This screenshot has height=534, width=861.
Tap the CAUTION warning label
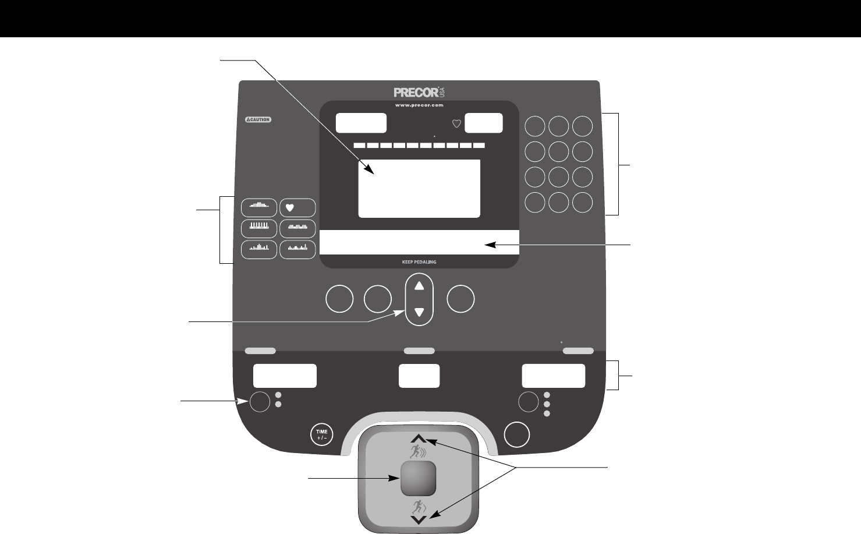(x=257, y=120)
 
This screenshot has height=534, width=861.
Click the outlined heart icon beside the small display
(x=456, y=123)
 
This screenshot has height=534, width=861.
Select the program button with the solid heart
(x=297, y=207)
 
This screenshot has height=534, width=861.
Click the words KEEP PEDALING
(x=419, y=262)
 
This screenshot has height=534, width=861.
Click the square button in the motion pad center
(x=418, y=478)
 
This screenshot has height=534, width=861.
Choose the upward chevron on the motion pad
(x=419, y=439)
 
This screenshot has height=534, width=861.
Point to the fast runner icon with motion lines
(x=419, y=452)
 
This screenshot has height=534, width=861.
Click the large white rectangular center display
(x=419, y=188)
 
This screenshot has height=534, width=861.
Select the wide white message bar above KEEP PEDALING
(x=419, y=242)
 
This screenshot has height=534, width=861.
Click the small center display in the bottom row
(x=419, y=376)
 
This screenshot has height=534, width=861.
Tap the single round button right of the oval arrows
(x=460, y=299)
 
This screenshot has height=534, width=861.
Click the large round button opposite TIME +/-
(x=518, y=434)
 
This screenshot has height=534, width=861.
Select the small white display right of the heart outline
(x=484, y=123)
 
